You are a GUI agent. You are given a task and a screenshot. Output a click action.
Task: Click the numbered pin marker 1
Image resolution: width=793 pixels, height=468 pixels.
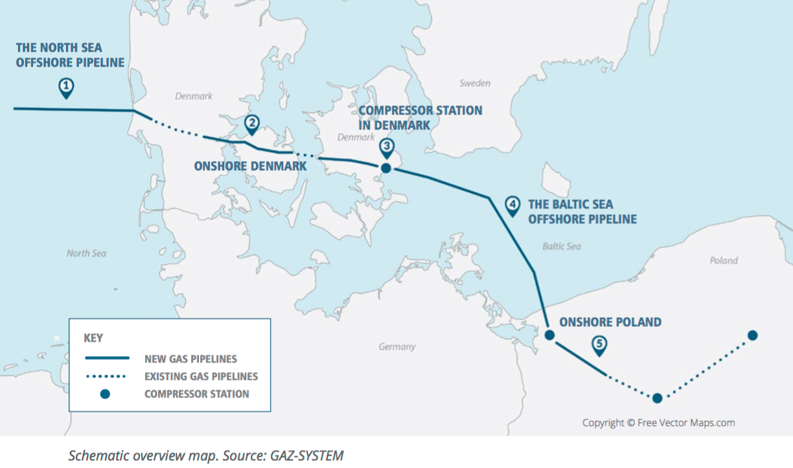click(x=65, y=87)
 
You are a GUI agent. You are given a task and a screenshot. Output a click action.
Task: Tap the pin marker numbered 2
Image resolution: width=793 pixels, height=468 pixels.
click(x=251, y=124)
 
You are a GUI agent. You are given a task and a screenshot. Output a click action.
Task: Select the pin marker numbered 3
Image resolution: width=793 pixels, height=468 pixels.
click(x=386, y=147)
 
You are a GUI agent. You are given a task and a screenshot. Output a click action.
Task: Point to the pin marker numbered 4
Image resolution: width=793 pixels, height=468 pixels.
click(x=512, y=206)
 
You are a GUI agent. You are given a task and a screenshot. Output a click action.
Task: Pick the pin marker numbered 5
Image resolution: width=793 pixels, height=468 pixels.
click(x=599, y=345)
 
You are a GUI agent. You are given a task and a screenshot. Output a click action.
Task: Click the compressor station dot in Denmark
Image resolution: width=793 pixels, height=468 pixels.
click(x=385, y=168)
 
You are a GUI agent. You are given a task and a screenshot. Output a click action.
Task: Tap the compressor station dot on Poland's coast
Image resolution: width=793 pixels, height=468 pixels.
click(x=549, y=335)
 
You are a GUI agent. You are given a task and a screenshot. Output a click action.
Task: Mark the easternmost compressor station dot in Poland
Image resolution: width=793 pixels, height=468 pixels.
click(x=752, y=335)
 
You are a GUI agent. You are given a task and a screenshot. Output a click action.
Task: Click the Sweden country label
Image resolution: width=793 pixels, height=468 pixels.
click(x=475, y=84)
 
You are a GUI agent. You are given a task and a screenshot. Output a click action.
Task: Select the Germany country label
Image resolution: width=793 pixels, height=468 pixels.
click(x=396, y=347)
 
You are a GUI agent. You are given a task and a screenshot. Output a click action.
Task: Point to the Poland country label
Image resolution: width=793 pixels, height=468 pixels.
click(x=723, y=260)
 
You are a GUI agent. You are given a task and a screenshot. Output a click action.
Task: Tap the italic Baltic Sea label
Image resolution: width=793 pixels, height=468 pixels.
click(x=561, y=247)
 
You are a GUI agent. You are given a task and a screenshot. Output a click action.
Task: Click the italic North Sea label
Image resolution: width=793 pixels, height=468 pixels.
click(x=86, y=253)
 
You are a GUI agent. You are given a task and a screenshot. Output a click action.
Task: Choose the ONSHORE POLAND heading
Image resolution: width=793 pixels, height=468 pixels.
click(x=610, y=322)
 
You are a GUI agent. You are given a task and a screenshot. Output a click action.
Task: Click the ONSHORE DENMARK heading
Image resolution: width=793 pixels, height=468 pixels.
click(x=250, y=166)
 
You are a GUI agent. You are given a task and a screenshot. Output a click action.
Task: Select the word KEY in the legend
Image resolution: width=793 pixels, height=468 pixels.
click(x=93, y=338)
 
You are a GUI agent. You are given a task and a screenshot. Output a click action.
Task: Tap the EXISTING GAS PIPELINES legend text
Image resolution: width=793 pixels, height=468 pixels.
click(x=201, y=376)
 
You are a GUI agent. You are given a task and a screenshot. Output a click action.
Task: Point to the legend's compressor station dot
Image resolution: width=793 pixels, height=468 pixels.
click(x=105, y=394)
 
